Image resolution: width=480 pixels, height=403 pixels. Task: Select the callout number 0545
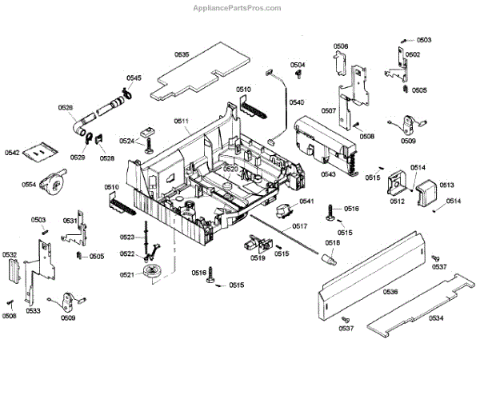tap(134, 78)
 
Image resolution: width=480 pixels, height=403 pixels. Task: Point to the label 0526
tap(66, 107)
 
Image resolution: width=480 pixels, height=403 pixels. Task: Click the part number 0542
tap(12, 152)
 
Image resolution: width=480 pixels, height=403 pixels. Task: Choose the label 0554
tap(29, 185)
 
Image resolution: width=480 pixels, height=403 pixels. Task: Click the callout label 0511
tap(182, 122)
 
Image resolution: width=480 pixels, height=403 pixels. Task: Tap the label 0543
tap(328, 174)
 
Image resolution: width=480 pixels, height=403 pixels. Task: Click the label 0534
tap(435, 318)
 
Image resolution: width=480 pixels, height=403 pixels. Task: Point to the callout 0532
tap(10, 255)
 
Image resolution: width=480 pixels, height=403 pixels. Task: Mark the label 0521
tap(126, 275)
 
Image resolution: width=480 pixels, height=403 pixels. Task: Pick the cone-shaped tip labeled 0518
tap(328, 258)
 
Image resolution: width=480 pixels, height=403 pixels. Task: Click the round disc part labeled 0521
tap(150, 273)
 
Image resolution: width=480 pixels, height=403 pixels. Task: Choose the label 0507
tap(328, 110)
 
